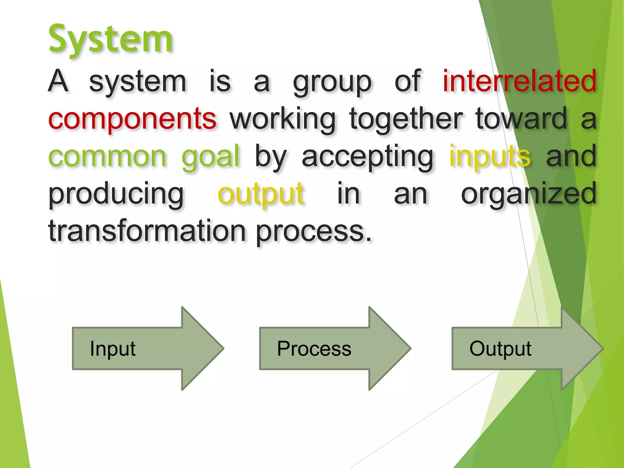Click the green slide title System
click(111, 40)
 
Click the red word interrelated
click(519, 81)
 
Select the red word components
click(132, 119)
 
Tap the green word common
click(107, 156)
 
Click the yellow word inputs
click(490, 156)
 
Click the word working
click(282, 119)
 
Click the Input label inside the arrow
click(112, 349)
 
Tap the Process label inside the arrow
click(314, 349)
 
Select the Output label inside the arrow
click(500, 349)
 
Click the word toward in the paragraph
click(521, 119)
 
